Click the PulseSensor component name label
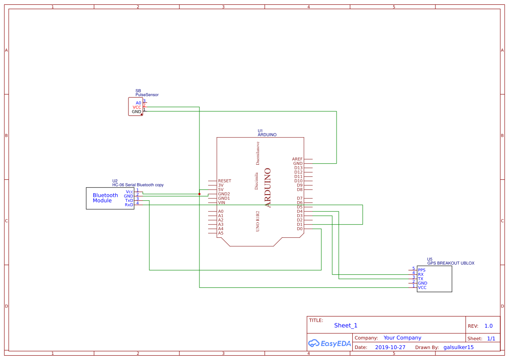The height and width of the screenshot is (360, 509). [x=147, y=94]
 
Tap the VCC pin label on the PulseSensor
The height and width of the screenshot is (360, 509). [x=137, y=107]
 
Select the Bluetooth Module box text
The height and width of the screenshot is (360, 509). [x=105, y=198]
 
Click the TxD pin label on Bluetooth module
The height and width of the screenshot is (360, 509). [x=129, y=201]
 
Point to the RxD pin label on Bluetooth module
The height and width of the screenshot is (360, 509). [x=129, y=205]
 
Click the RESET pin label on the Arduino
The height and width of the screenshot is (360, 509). [x=225, y=181]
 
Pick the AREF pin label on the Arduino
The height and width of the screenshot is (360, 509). [x=297, y=159]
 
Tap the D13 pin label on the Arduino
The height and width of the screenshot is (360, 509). [x=298, y=168]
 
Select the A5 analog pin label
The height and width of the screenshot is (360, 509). [x=221, y=233]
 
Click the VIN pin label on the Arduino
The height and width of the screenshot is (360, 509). [x=222, y=202]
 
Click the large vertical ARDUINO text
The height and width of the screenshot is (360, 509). [x=268, y=188]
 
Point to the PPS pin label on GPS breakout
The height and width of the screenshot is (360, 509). [x=421, y=270]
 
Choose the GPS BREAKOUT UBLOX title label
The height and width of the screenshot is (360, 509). [x=451, y=263]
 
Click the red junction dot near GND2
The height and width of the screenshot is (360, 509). [x=199, y=194]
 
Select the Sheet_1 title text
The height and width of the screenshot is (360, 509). [x=346, y=325]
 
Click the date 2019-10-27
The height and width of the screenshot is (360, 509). [x=390, y=347]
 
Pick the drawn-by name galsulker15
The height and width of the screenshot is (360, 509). [x=458, y=347]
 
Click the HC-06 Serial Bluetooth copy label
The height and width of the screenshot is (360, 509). [x=138, y=185]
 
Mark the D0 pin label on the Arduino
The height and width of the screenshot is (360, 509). [x=300, y=229]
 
